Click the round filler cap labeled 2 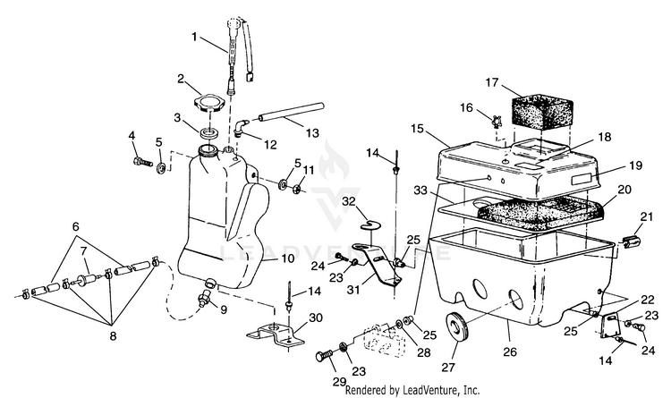point(209,103)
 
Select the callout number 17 point(492,81)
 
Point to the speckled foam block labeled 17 point(543,110)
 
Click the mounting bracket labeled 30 point(276,334)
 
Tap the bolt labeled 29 point(325,356)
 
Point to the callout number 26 point(510,351)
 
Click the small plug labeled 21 point(630,242)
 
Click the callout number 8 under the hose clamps point(113,335)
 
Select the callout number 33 point(421,190)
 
